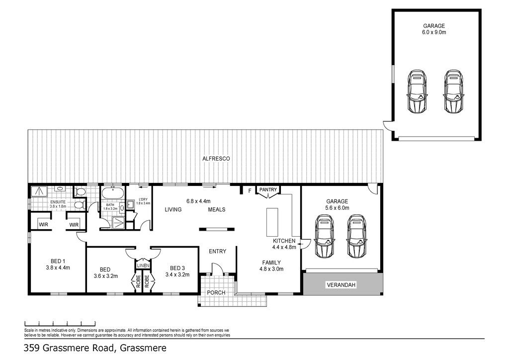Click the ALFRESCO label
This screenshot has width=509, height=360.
pos(216,159)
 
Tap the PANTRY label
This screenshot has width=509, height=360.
pos(268,189)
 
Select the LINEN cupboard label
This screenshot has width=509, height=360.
pos(143,266)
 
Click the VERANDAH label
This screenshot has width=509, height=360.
pos(341,285)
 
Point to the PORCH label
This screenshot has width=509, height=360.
pos(216,292)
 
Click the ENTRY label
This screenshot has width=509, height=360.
pos(218,251)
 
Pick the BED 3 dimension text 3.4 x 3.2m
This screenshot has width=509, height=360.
pos(177,274)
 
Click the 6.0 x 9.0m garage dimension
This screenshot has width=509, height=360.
pos(434,32)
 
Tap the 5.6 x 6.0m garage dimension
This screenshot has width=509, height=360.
pos(338,208)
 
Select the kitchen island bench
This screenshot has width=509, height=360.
pos(272,222)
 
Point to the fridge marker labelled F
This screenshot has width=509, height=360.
pos(250,191)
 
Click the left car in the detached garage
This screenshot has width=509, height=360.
pos(417,91)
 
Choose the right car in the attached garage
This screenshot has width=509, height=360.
pos(356,237)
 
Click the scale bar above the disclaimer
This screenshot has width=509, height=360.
pos(60,323)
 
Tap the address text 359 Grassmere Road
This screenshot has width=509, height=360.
pos(69,348)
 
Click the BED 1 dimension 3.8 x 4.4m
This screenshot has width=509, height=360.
pos(58,268)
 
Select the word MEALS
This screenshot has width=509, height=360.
pos(217,210)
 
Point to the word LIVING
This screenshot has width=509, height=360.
pos(173,210)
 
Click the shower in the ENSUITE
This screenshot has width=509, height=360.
pos(39,191)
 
